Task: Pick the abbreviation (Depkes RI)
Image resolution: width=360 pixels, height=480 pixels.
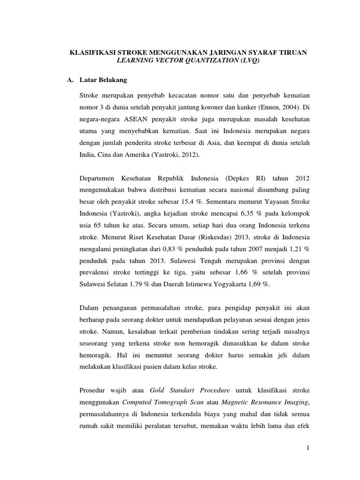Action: click(x=251, y=180)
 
